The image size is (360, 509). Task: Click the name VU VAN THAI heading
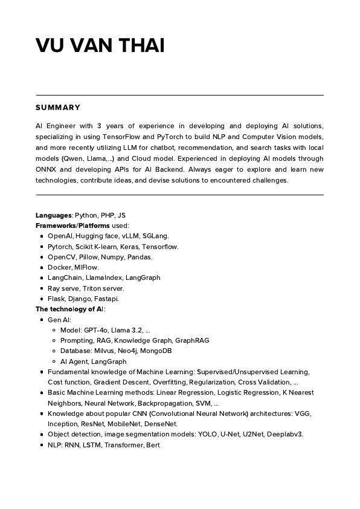pyautogui.click(x=100, y=45)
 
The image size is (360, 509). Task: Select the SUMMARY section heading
pyautogui.click(x=58, y=108)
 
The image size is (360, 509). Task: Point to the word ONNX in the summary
pyautogui.click(x=47, y=169)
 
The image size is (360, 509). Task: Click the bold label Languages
pyautogui.click(x=54, y=215)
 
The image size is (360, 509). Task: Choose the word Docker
pyautogui.click(x=60, y=267)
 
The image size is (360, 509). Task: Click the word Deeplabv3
pyautogui.click(x=284, y=434)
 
